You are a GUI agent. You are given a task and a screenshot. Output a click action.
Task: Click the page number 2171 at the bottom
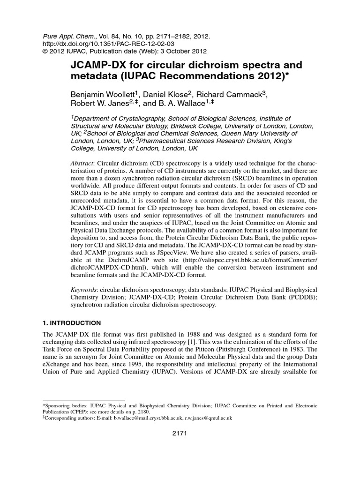click(180, 433)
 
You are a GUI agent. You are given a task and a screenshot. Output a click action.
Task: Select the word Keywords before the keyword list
click(85, 291)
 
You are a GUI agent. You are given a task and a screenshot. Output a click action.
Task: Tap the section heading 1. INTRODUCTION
click(71, 323)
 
